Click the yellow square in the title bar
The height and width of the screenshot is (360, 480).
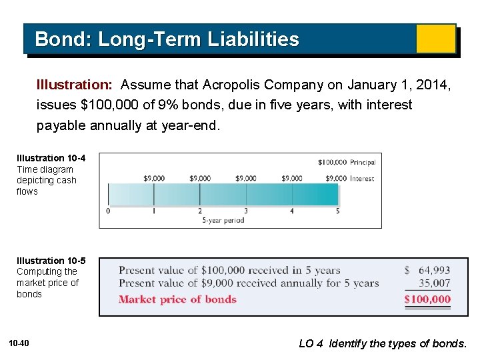point(435,39)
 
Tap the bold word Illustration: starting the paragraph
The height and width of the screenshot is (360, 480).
point(75,85)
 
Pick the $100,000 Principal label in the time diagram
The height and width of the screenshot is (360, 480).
point(346,162)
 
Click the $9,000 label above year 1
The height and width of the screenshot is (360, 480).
point(154,178)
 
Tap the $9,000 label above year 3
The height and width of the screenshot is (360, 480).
point(246,178)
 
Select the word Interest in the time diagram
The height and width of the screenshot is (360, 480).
point(362,178)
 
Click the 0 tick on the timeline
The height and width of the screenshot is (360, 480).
point(108,211)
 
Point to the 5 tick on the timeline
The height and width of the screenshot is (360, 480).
point(337,211)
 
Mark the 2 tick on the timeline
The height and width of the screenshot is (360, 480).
point(200,211)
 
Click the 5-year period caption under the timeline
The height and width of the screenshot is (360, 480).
point(223,221)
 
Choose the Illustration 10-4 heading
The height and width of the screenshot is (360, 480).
point(51,158)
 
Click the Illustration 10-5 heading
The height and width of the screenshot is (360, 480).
point(51,261)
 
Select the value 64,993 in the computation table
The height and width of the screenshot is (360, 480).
point(434,271)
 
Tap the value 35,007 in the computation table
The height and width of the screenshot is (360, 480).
point(434,283)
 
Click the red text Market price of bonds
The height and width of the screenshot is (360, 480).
point(177,299)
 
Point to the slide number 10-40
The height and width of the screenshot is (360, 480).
point(19,343)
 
